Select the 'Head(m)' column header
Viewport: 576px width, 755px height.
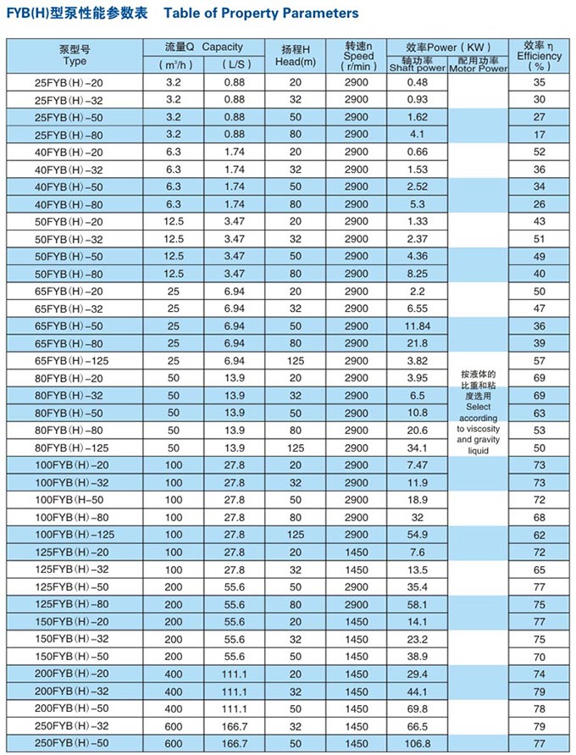[x=296, y=62]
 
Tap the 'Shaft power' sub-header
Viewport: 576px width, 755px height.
[x=417, y=69]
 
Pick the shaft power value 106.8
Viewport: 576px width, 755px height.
[x=417, y=743]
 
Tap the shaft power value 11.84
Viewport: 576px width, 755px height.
[x=417, y=325]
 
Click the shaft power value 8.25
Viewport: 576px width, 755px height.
[x=417, y=274]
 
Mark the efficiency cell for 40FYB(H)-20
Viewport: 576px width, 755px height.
[x=540, y=152]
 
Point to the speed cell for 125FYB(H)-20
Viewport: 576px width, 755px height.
[x=358, y=552]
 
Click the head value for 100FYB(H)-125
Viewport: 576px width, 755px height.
[x=296, y=535]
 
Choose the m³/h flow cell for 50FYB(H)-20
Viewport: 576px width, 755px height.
[x=174, y=221]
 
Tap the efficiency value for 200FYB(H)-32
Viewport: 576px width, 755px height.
[x=540, y=691]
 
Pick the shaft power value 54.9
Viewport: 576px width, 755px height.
[x=417, y=535]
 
